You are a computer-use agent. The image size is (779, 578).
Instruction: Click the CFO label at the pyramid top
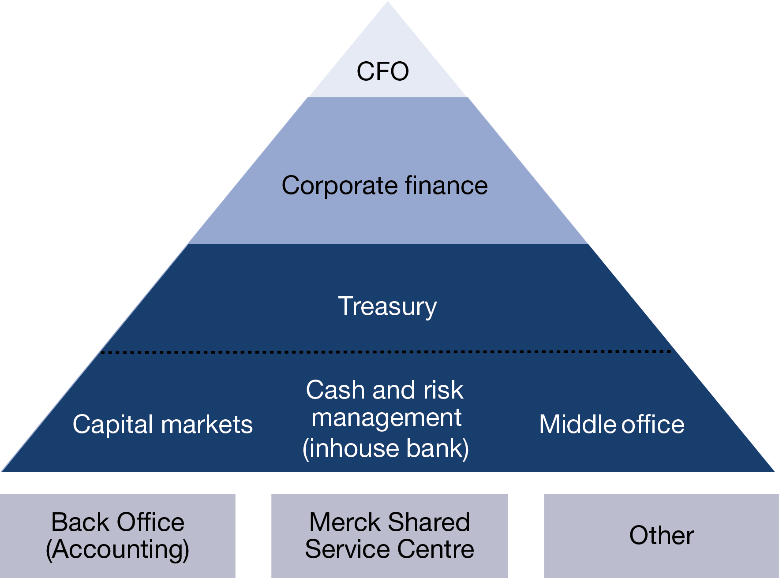coord(382,71)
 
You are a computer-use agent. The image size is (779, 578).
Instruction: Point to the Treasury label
coord(387,306)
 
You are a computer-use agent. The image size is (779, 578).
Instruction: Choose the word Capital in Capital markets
coord(113,425)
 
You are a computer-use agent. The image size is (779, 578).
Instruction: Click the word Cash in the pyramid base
coord(335,390)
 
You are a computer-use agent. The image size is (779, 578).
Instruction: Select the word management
coord(386,418)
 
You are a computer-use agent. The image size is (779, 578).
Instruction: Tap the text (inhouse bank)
coord(386,448)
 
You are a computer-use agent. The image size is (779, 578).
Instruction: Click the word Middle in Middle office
coord(578,425)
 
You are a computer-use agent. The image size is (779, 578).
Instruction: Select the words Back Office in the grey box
coord(118,522)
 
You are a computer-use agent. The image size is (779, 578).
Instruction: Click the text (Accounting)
coord(118,550)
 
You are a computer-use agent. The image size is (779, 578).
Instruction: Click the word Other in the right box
coord(662,535)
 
